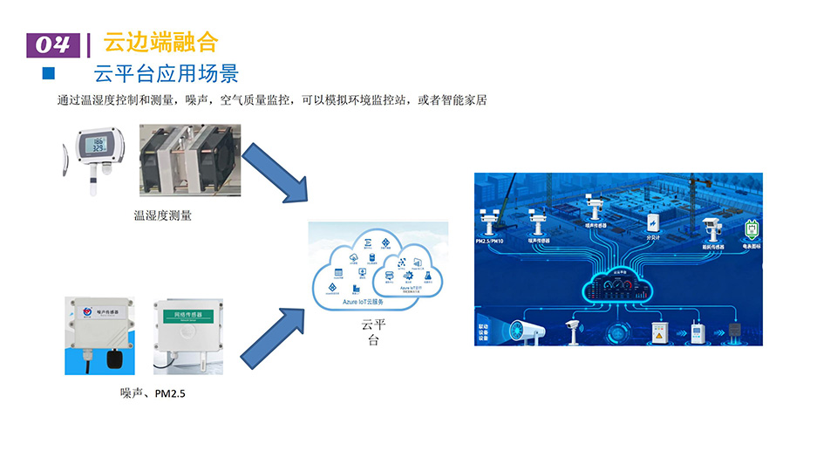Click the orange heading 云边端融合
[160, 42]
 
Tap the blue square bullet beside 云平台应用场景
[49, 72]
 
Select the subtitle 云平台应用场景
[166, 72]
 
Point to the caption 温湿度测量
[162, 215]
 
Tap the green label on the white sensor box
[188, 314]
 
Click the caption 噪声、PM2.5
[153, 394]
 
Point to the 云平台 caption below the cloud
[373, 332]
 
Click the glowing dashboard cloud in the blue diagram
[620, 286]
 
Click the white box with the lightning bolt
[650, 220]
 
